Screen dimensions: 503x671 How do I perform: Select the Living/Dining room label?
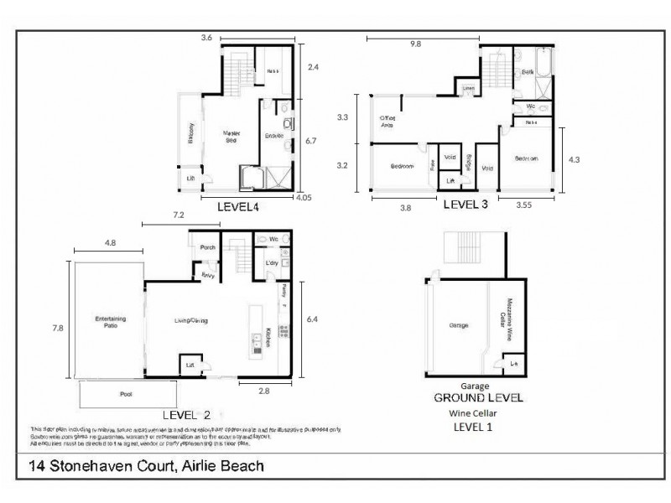[190, 321]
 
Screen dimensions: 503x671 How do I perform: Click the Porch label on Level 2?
[208, 247]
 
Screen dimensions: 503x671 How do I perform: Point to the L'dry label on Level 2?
[271, 263]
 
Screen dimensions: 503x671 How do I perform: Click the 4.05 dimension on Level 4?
[303, 199]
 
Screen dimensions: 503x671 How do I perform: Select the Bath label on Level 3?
[528, 72]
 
